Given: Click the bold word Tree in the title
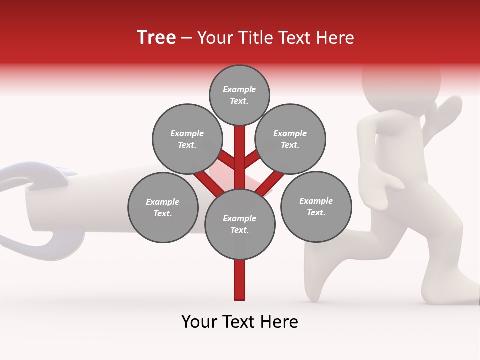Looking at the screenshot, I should tap(156, 38).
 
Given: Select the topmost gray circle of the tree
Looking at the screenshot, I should tap(239, 95).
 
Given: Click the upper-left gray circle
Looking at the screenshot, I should tap(187, 139).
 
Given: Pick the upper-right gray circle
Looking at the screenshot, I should tap(290, 139).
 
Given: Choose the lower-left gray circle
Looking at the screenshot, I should tap(163, 207).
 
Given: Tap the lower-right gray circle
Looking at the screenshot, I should tap(316, 206).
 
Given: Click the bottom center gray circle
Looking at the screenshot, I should tap(240, 224).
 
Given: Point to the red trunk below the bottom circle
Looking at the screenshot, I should tap(240, 280).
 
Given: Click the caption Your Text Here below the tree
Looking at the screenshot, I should tap(240, 322).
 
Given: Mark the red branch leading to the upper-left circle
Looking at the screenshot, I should tap(228, 159).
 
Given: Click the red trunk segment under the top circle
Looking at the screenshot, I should tap(240, 150).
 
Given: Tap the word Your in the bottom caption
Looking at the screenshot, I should tap(200, 322).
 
